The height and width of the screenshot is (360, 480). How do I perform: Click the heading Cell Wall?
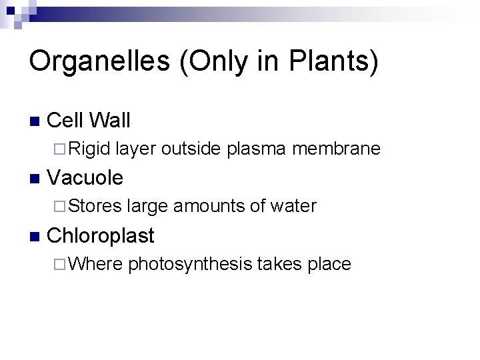click(x=89, y=120)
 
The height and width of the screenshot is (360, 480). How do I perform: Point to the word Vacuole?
click(x=86, y=178)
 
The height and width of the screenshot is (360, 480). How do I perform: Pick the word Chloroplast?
click(x=101, y=236)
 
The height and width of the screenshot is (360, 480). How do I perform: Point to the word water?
click(x=293, y=206)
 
